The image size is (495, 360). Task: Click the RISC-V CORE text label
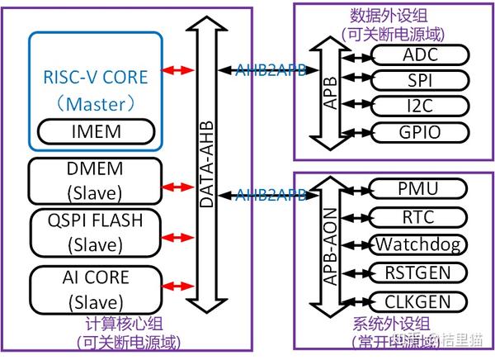click(x=97, y=78)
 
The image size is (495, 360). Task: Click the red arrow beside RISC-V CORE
click(x=177, y=70)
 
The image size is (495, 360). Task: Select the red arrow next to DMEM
click(x=177, y=183)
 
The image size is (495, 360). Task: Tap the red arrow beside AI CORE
click(x=177, y=287)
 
